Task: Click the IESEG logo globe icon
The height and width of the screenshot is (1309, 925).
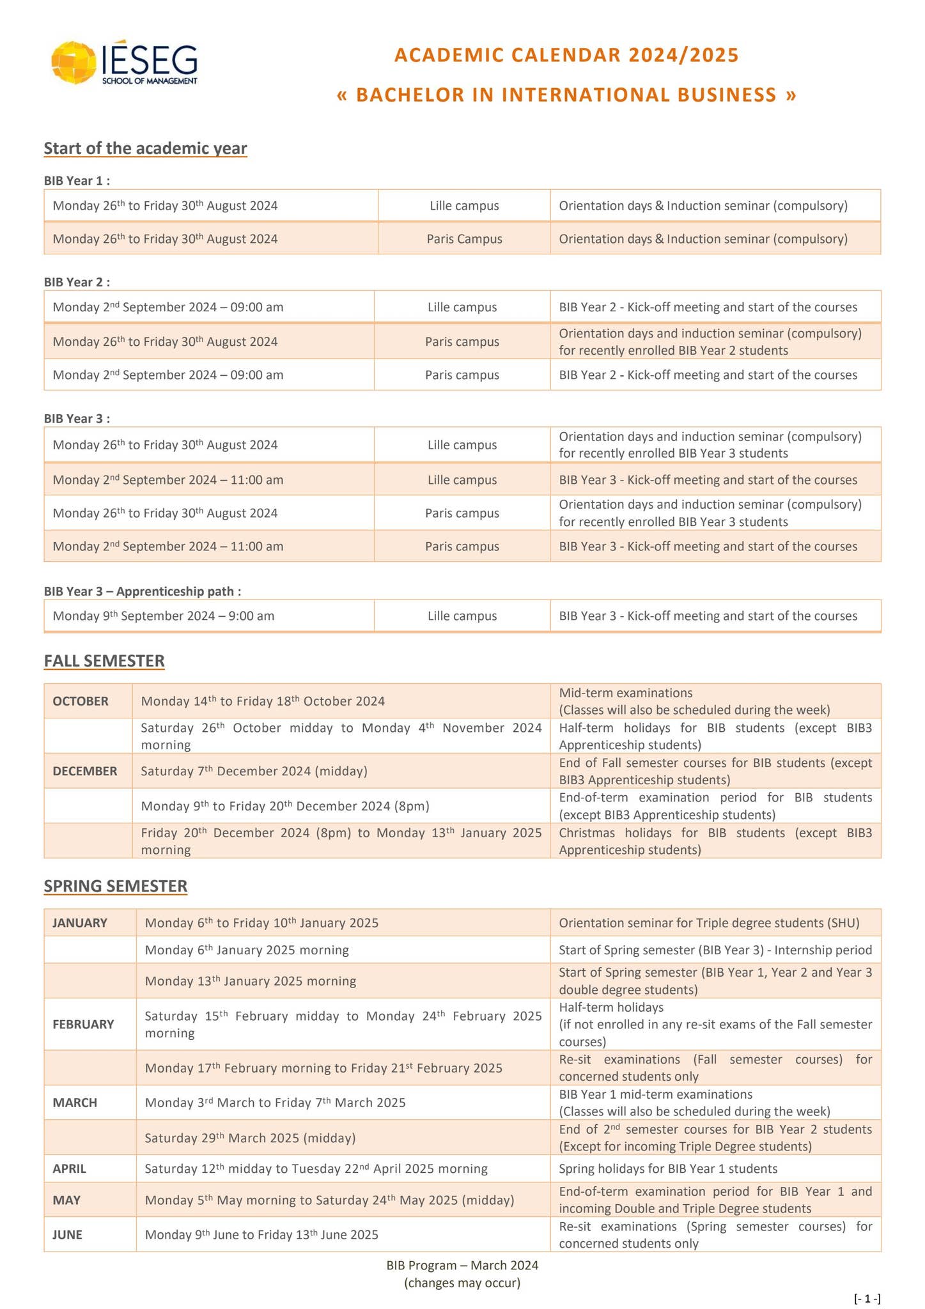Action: (74, 63)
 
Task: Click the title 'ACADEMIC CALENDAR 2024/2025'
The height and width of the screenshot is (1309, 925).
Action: (566, 55)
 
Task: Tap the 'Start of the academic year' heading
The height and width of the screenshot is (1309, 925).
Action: (145, 148)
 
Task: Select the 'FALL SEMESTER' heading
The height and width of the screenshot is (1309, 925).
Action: (104, 661)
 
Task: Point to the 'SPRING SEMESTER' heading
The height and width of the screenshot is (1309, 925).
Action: (116, 886)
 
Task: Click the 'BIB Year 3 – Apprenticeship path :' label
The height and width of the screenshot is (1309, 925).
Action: (143, 591)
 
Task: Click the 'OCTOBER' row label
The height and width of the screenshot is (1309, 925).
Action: (81, 701)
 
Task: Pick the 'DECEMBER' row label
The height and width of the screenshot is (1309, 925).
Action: (85, 771)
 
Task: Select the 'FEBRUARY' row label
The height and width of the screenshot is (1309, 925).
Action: (83, 1024)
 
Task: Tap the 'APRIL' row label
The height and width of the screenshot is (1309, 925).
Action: (69, 1168)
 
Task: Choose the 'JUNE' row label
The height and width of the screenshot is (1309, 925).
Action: (67, 1234)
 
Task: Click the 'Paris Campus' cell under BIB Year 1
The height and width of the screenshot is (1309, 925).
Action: (464, 239)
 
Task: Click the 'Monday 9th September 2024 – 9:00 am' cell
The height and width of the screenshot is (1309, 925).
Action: (164, 616)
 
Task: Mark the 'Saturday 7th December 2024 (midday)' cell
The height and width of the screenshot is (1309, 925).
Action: (254, 771)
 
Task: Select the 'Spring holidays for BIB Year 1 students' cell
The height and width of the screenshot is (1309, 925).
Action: (668, 1168)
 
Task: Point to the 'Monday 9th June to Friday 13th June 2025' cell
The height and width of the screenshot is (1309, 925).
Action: (261, 1234)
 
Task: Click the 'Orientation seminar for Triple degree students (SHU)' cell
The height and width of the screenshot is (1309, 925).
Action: (709, 923)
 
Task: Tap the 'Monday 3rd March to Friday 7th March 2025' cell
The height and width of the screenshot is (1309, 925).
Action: (275, 1103)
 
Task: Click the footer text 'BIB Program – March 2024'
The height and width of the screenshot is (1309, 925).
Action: (462, 1265)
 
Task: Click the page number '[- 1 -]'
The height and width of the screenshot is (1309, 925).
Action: (867, 1298)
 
